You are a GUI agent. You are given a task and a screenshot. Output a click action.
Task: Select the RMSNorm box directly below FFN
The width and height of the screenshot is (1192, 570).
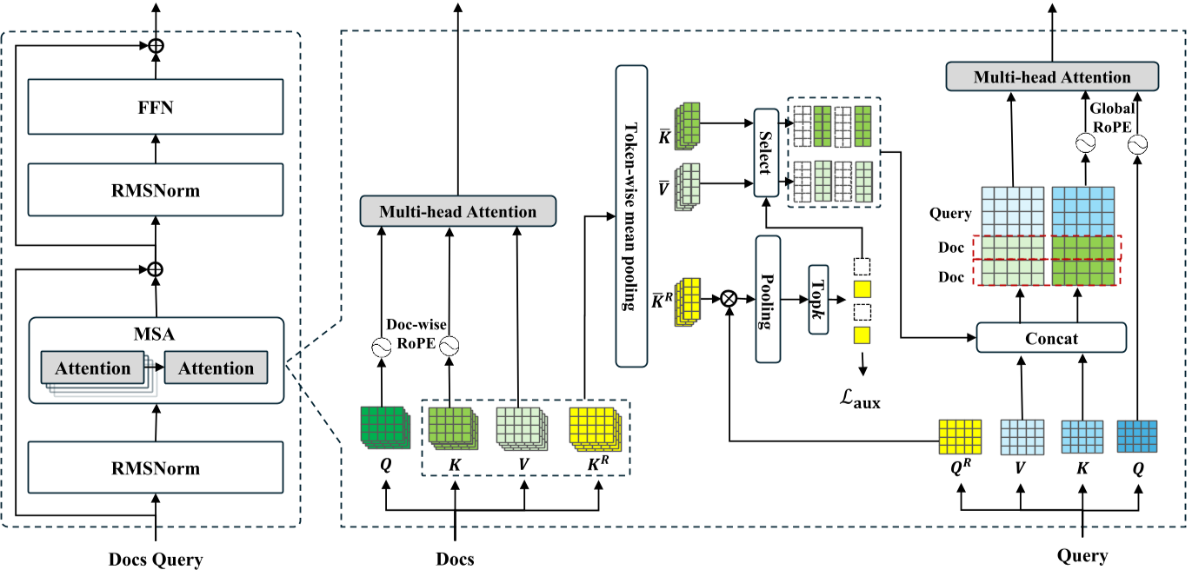[156, 191]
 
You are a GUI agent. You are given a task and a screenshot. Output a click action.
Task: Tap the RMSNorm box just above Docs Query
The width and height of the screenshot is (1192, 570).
[156, 468]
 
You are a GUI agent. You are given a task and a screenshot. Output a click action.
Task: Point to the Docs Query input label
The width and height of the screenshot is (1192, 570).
[156, 559]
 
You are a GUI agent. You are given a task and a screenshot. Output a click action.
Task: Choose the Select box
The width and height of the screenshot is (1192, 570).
[765, 153]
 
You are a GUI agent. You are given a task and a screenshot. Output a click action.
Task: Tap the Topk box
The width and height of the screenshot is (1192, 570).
[819, 300]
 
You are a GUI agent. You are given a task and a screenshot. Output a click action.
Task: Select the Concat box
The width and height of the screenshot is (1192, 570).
[1051, 337]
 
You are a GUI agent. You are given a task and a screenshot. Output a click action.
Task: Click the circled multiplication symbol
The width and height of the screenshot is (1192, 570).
[729, 299]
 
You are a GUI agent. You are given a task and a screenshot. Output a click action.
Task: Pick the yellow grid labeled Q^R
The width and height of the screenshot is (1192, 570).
[960, 437]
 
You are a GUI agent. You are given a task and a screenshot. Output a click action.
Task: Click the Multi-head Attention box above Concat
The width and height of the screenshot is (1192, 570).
[1051, 77]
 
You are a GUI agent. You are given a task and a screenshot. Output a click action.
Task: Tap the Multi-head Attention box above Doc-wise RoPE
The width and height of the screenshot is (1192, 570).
[457, 211]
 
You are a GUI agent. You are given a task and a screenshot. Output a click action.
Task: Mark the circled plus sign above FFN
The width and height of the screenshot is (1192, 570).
[156, 46]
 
